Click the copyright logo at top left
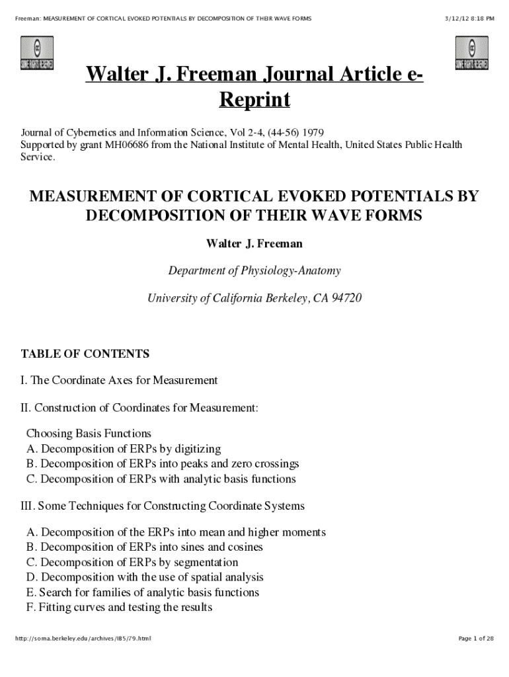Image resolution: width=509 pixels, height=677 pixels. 37,54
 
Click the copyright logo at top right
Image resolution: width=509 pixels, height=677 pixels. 471,54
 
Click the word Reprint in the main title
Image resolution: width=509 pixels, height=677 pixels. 255,100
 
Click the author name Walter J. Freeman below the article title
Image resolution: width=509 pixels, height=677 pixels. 255,244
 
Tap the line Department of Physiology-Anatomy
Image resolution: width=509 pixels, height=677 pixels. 255,270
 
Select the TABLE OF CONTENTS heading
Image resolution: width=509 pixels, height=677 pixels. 85,354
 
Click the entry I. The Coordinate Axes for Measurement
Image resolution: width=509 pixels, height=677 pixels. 120,380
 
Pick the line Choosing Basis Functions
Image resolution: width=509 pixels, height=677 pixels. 89,434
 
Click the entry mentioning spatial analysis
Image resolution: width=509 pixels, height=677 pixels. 145,577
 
